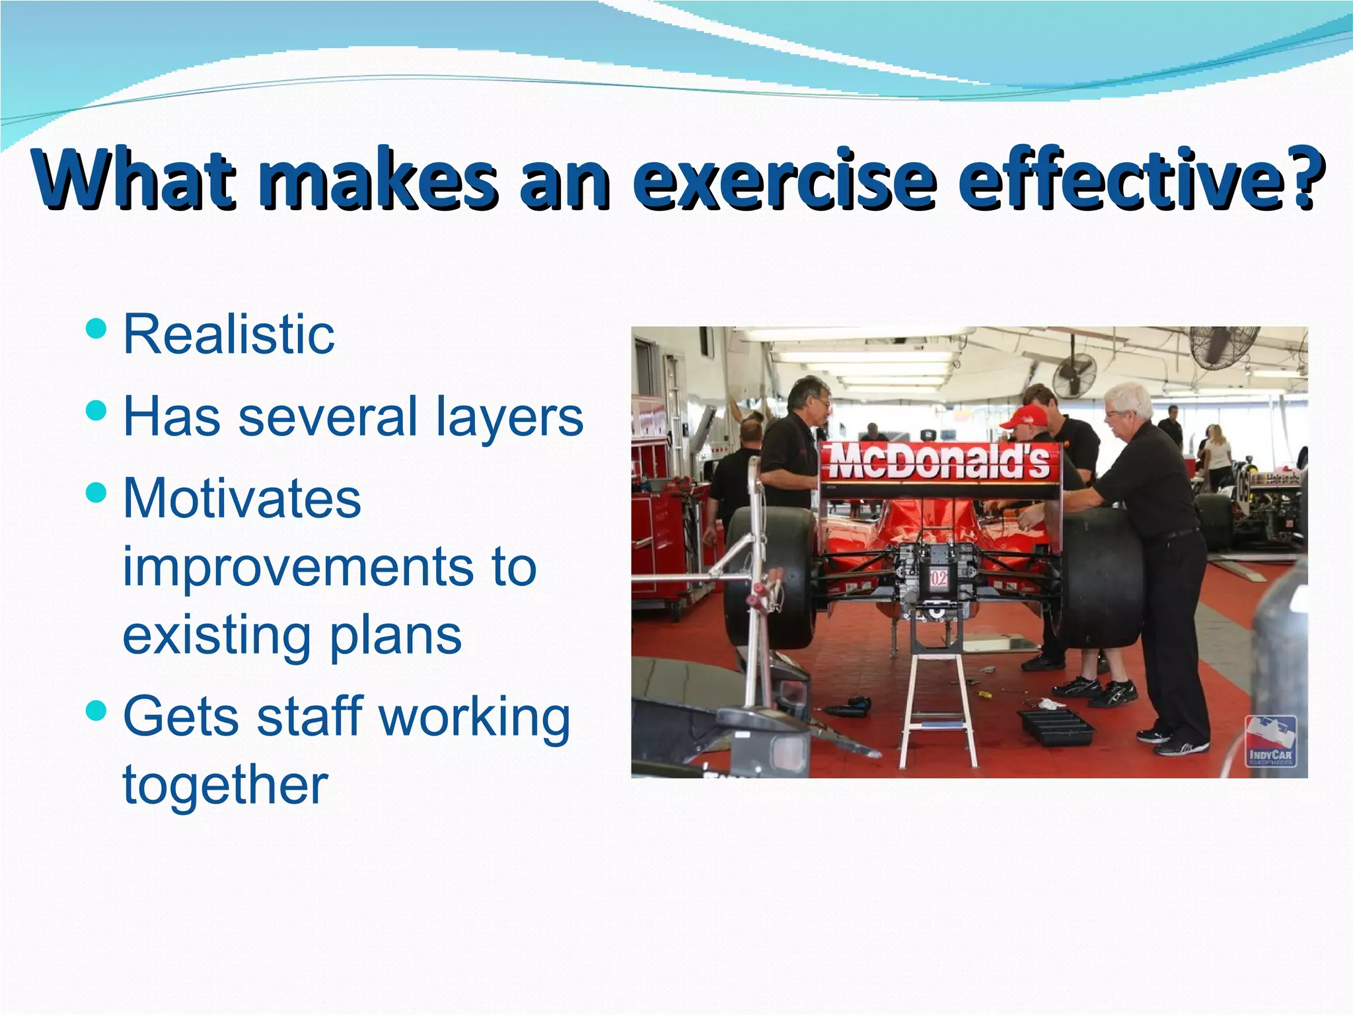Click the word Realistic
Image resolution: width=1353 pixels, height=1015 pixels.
(229, 335)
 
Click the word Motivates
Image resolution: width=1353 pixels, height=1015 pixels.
(242, 498)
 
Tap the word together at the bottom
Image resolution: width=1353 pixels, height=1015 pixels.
(225, 785)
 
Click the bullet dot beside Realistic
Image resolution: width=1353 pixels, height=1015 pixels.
(96, 328)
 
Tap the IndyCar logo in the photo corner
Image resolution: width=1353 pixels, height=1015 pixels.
(1270, 741)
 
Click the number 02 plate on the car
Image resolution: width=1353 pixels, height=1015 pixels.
(938, 579)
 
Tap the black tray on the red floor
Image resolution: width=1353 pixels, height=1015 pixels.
(1055, 727)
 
